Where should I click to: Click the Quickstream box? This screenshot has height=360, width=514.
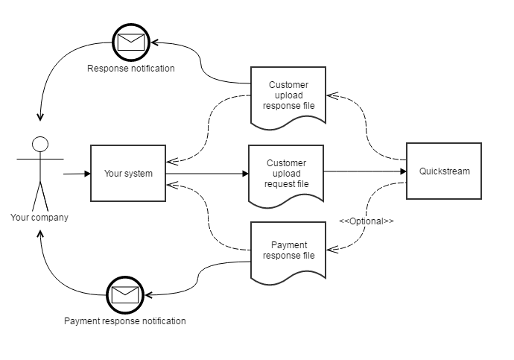pyautogui.click(x=444, y=171)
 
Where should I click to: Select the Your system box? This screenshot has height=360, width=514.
pyautogui.click(x=128, y=174)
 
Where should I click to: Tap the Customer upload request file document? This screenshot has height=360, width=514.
pyautogui.click(x=286, y=174)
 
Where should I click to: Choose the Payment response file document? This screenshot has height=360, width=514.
pyautogui.click(x=288, y=250)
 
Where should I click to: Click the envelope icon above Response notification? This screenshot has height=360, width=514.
pyautogui.click(x=130, y=40)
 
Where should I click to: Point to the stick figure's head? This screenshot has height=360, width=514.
pyautogui.click(x=40, y=144)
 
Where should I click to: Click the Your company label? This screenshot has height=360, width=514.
pyautogui.click(x=39, y=218)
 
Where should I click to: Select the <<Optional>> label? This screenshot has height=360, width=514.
pyautogui.click(x=367, y=221)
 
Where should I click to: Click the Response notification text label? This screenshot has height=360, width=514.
pyautogui.click(x=131, y=69)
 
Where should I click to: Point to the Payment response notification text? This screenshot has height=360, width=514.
pyautogui.click(x=125, y=321)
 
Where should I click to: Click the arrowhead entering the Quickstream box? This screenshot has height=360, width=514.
pyautogui.click(x=403, y=171)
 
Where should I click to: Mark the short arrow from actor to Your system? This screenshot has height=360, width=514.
pyautogui.click(x=76, y=174)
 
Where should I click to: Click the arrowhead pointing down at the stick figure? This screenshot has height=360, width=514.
pyautogui.click(x=40, y=117)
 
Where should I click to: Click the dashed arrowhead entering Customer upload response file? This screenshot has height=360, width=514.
pyautogui.click(x=330, y=95)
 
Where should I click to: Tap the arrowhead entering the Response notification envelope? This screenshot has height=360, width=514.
pyautogui.click(x=155, y=41)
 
